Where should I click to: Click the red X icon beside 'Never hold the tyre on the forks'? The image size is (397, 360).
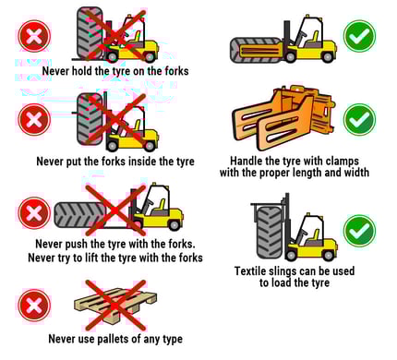click(x=33, y=37)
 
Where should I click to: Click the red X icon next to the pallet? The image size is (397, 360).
click(x=34, y=305)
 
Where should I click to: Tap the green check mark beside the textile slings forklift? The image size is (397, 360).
click(x=358, y=229)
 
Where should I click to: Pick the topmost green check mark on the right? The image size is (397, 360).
click(x=358, y=36)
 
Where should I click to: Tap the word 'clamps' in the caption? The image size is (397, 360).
click(x=334, y=160)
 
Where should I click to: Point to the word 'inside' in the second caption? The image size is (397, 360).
click(x=144, y=161)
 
